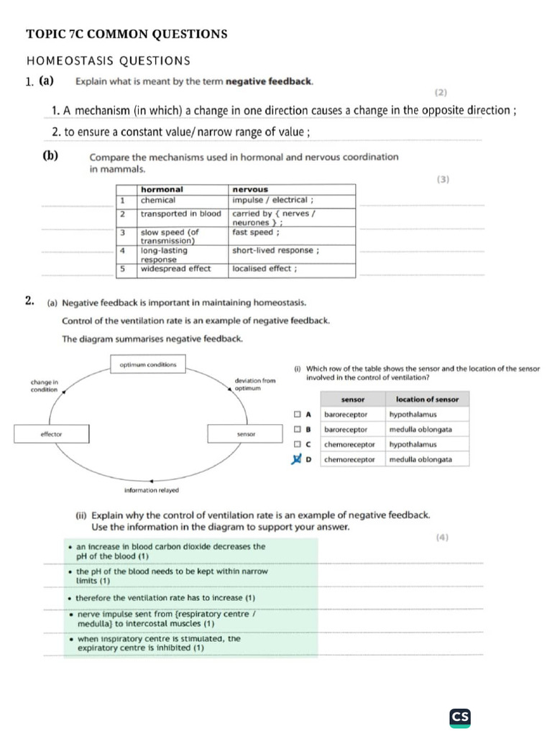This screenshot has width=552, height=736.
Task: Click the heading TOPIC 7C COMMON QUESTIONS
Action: [x=126, y=34]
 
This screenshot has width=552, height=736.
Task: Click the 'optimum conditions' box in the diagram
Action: [x=147, y=365]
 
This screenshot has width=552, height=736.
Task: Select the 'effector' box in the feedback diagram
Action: [x=52, y=434]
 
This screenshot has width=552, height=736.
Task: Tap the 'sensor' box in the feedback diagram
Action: [x=247, y=434]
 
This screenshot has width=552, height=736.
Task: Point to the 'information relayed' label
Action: [x=152, y=490]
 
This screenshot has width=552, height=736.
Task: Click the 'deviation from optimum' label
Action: [x=254, y=384]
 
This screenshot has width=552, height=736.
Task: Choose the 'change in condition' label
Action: [x=45, y=385]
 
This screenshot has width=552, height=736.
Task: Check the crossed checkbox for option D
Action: [x=296, y=459]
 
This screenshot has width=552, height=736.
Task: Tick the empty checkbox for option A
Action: [x=296, y=415]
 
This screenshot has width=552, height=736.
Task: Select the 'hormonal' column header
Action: [x=162, y=189]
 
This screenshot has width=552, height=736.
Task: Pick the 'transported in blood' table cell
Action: [x=181, y=214]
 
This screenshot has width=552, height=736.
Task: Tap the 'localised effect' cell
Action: [x=264, y=269]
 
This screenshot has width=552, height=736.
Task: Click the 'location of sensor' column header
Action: [x=427, y=400]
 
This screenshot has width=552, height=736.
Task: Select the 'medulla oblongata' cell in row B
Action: [x=420, y=429]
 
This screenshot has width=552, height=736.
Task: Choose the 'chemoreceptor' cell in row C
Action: [x=349, y=444]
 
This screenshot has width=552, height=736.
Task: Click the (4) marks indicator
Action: [x=441, y=536]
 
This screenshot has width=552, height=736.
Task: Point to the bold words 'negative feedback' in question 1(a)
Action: [x=269, y=82]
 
